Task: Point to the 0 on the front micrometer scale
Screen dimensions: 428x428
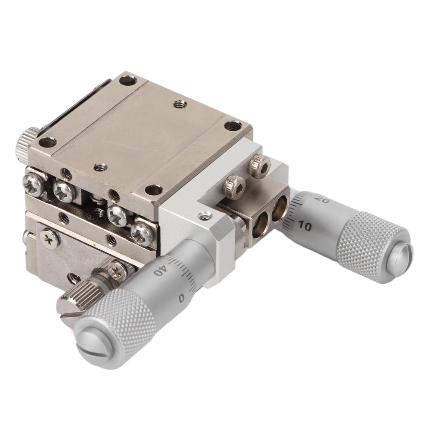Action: [x=181, y=298]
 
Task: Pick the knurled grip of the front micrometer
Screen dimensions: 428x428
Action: [x=125, y=322]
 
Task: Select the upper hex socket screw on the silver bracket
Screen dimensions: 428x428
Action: [x=259, y=166]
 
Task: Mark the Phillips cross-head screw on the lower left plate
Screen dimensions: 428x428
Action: [x=49, y=238]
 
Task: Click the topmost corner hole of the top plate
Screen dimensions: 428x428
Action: [x=128, y=80]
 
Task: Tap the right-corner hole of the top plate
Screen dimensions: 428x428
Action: [x=232, y=125]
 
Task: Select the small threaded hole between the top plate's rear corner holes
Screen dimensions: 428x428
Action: [x=180, y=103]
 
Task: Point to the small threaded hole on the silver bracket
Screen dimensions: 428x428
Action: [x=205, y=216]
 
